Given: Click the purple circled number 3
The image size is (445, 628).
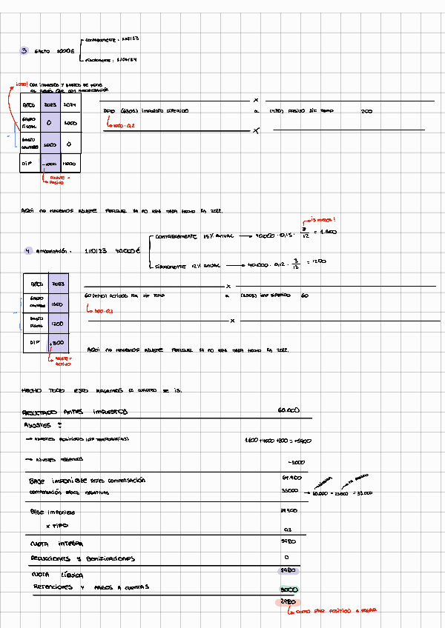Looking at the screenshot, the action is tap(24, 51).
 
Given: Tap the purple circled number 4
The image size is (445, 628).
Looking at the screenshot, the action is tap(27, 251).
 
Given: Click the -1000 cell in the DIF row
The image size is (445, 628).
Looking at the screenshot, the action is tap(50, 162).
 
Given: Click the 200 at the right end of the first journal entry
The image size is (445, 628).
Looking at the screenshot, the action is tap(366, 111).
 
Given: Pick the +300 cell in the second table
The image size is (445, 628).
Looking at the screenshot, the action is tap(58, 343).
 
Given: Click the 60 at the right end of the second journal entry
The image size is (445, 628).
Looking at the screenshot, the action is tap(304, 295).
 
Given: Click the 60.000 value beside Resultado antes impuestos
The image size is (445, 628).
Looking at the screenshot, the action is tap(288, 410).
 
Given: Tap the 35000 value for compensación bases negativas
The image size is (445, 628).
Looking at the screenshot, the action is tap(289, 491).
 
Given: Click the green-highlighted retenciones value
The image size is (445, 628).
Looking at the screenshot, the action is tap(289, 590).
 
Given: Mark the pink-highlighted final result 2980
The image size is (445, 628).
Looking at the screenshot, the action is tap(284, 603).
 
